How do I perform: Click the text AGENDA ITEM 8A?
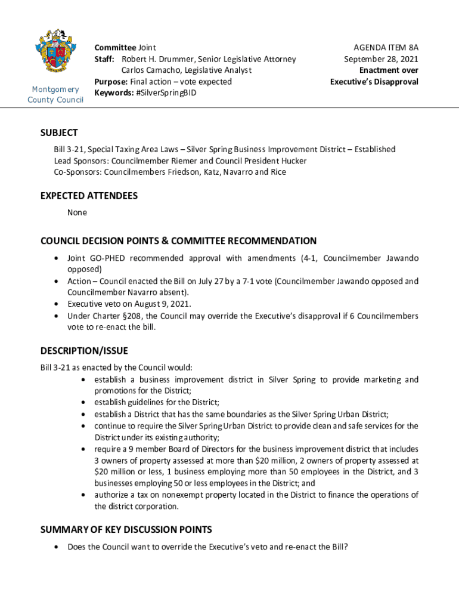pyautogui.click(x=386, y=47)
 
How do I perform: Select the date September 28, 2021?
pyautogui.click(x=381, y=59)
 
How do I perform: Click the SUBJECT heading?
pyautogui.click(x=59, y=133)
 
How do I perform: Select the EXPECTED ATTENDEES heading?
pyautogui.click(x=89, y=196)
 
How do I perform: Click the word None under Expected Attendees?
pyautogui.click(x=77, y=212)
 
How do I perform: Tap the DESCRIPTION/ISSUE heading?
pyautogui.click(x=84, y=351)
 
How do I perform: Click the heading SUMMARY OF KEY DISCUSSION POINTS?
pyautogui.click(x=126, y=530)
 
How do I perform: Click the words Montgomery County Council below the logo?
pyautogui.click(x=55, y=94)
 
